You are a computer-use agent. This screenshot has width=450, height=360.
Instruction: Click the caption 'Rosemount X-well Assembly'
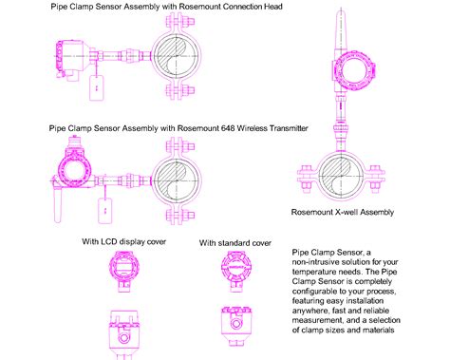click(341, 212)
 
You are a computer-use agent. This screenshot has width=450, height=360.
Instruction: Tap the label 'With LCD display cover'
click(123, 241)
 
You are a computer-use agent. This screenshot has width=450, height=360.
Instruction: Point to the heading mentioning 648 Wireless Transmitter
click(178, 126)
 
